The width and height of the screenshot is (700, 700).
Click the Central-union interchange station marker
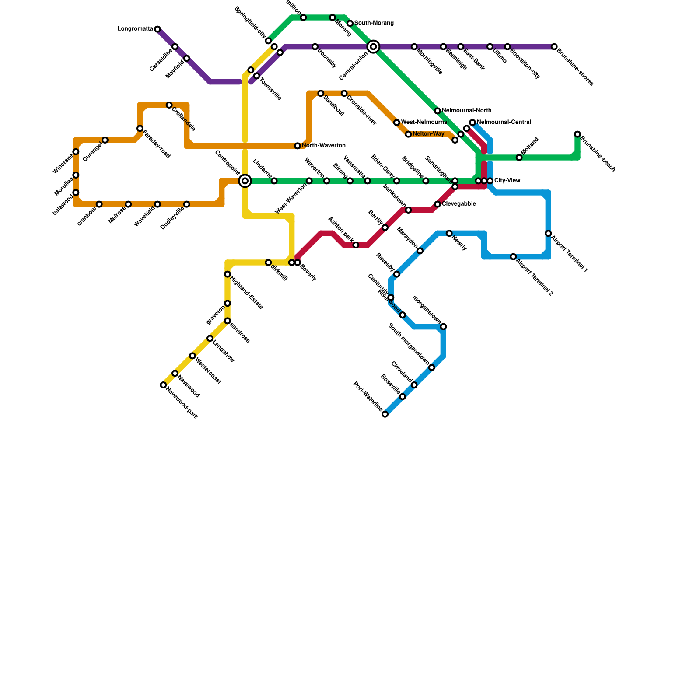coord(373,46)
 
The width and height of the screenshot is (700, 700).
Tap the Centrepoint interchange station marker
coord(245,181)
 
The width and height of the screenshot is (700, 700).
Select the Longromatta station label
coord(135,29)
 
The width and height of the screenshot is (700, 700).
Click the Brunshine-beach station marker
coord(577,134)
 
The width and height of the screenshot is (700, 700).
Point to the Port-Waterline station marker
coord(385,414)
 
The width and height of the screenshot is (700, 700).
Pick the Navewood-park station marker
coord(163,385)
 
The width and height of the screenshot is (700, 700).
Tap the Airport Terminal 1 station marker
coord(548,234)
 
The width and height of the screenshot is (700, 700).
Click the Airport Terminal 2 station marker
coord(513,257)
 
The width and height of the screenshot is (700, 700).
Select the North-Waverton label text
coord(324,145)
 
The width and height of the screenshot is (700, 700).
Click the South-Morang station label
coord(374,23)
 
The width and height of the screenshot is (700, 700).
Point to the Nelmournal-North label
coord(466,110)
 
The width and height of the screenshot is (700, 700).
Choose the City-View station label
coord(507,180)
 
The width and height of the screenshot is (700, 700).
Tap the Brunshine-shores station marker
coord(554,46)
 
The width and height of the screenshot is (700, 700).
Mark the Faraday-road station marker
coord(140,128)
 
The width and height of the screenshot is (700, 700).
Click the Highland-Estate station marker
coord(227,274)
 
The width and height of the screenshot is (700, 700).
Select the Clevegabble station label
coord(459,204)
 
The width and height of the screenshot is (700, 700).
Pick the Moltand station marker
coord(519,157)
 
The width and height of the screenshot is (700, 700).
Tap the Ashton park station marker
coord(356,245)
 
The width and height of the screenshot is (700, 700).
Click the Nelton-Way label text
coord(428,133)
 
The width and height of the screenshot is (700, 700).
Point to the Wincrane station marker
coord(76,152)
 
